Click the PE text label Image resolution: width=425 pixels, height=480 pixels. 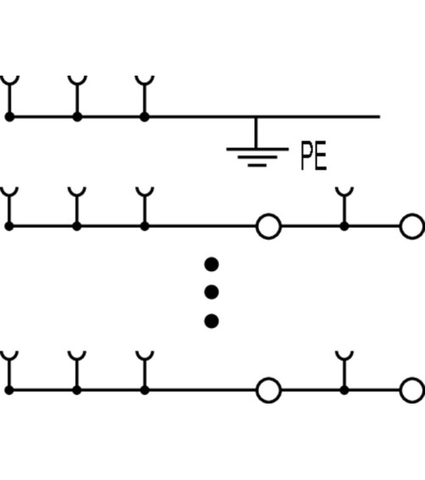(314, 155)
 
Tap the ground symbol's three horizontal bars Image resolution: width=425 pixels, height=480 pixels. (257, 157)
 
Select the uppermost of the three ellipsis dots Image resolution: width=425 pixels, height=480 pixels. (211, 264)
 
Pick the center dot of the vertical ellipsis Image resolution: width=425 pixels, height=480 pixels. (211, 292)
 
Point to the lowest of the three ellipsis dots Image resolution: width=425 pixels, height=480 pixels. (211, 321)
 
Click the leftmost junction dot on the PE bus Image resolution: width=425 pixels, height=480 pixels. (9, 117)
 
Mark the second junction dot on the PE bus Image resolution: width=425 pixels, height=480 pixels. (77, 117)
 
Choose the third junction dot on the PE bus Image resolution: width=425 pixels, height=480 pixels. (144, 117)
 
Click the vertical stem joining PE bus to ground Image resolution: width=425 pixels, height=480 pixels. (256, 133)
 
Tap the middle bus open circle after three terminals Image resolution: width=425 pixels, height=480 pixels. (268, 227)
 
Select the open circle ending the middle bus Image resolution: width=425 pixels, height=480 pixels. (412, 227)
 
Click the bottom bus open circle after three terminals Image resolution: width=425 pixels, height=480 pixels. (268, 390)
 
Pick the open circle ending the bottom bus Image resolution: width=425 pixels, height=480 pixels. (412, 390)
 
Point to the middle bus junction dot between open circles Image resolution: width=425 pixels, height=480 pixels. (344, 227)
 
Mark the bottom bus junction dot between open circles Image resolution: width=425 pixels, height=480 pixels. (344, 390)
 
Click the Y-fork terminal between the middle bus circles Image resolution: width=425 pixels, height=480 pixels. (344, 205)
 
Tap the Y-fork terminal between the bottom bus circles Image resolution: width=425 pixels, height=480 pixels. (344, 369)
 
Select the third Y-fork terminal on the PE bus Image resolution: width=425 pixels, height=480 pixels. (144, 95)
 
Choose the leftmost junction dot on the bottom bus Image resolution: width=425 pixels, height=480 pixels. (9, 390)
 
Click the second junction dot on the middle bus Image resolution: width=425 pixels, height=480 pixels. (77, 227)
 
